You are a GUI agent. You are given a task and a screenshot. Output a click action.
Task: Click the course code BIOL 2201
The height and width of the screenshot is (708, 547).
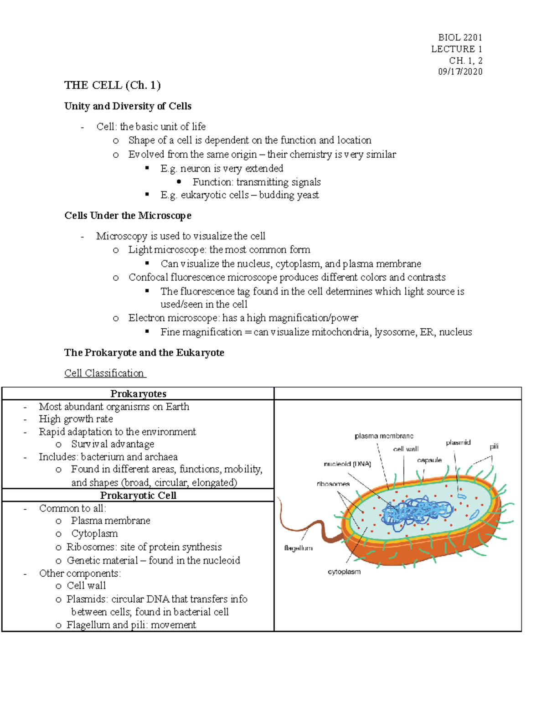(460, 37)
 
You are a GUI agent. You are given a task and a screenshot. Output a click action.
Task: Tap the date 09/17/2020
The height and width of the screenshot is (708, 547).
(460, 72)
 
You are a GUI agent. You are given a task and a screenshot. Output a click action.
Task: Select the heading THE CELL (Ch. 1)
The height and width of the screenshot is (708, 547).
(112, 85)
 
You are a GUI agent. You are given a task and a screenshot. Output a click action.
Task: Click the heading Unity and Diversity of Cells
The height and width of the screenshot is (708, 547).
(128, 106)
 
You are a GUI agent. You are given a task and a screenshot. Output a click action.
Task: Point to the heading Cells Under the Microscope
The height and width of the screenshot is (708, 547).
(128, 216)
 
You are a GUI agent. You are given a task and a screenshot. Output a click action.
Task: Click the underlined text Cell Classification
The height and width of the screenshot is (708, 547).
(104, 373)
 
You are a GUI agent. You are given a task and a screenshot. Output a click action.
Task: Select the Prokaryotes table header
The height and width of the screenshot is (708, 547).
(138, 394)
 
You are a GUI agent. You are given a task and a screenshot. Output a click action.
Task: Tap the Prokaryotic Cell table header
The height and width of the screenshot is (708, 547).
(138, 496)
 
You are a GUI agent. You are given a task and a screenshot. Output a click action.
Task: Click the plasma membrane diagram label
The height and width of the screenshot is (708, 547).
(384, 436)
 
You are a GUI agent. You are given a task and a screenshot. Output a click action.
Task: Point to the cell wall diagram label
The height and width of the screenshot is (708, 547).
(406, 449)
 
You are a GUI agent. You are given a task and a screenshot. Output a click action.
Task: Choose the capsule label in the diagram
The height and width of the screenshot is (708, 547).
(429, 460)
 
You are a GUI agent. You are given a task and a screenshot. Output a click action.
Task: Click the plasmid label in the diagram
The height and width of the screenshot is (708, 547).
(458, 443)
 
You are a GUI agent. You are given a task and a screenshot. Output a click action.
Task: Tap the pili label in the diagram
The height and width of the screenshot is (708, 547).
(494, 446)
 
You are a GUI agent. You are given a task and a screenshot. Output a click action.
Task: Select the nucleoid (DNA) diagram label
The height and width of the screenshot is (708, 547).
(347, 464)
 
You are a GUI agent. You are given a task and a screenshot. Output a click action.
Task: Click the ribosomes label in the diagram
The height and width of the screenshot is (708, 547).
(333, 484)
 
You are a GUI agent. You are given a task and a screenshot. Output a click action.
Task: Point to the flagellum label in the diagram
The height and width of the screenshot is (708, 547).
(298, 548)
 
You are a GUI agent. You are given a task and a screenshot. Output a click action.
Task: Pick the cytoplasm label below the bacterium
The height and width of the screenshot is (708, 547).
(344, 572)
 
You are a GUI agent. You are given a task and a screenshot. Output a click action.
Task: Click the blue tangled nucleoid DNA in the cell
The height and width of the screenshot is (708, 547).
(417, 512)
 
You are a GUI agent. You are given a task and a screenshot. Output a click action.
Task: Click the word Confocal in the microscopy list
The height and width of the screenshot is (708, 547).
(148, 277)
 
